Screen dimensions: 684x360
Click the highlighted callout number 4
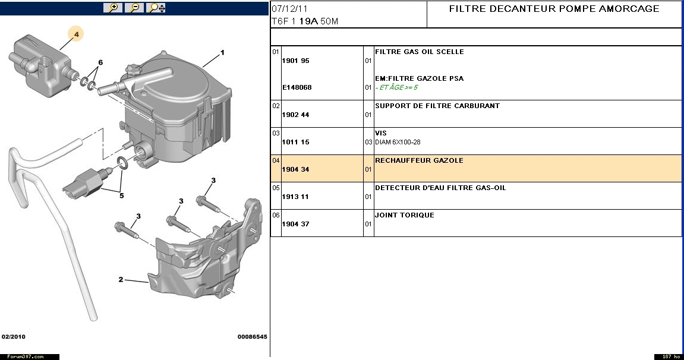[x=76, y=34]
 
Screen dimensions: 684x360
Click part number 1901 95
[x=296, y=61]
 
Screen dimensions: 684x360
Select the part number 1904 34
[x=296, y=169]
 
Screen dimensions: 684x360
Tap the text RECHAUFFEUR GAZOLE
[x=419, y=160]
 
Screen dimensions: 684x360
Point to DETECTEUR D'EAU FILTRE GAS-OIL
[x=440, y=188]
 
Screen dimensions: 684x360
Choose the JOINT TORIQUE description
[x=405, y=215]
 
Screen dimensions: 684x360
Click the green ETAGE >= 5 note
[x=396, y=87]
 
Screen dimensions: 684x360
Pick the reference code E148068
[x=297, y=87]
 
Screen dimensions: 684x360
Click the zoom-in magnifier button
[x=113, y=7]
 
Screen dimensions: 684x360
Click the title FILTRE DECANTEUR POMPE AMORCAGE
[x=554, y=9]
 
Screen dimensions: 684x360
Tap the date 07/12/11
[x=289, y=9]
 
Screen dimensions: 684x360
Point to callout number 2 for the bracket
[x=121, y=279]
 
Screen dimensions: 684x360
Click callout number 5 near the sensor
[x=122, y=195]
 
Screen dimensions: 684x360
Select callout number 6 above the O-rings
[x=100, y=62]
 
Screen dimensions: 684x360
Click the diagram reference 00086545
[x=252, y=336]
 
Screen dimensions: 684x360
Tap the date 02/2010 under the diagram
[x=14, y=336]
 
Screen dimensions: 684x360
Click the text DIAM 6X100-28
[x=398, y=142]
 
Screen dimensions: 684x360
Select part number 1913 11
[x=295, y=197]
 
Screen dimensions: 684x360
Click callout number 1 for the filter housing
[x=222, y=53]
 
